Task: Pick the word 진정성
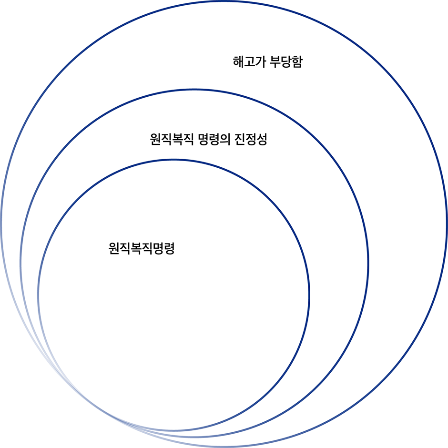(251, 140)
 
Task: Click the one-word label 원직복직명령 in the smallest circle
(142, 249)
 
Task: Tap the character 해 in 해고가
(238, 62)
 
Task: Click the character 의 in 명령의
(224, 140)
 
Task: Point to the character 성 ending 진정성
(262, 140)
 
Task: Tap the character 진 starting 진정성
(240, 140)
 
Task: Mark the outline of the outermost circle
(447, 224)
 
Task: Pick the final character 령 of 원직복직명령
(169, 249)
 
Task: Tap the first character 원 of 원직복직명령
(114, 249)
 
